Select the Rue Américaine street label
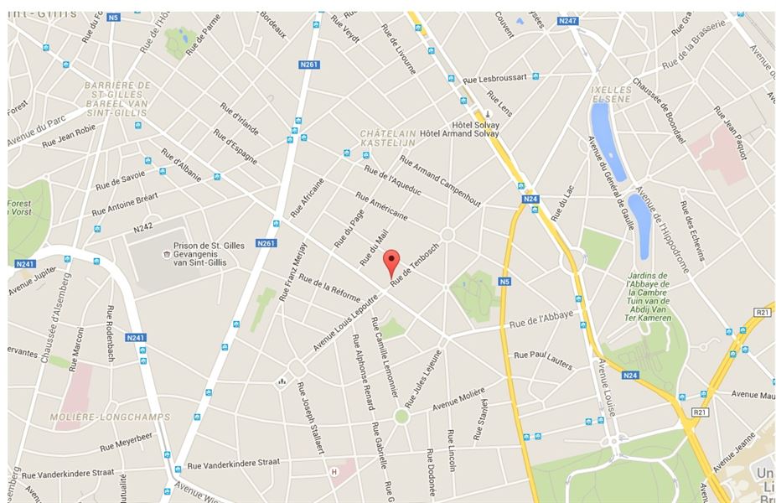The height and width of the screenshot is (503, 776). (381, 205)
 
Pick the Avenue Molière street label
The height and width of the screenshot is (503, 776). (460, 401)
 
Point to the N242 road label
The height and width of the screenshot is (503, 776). (143, 227)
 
